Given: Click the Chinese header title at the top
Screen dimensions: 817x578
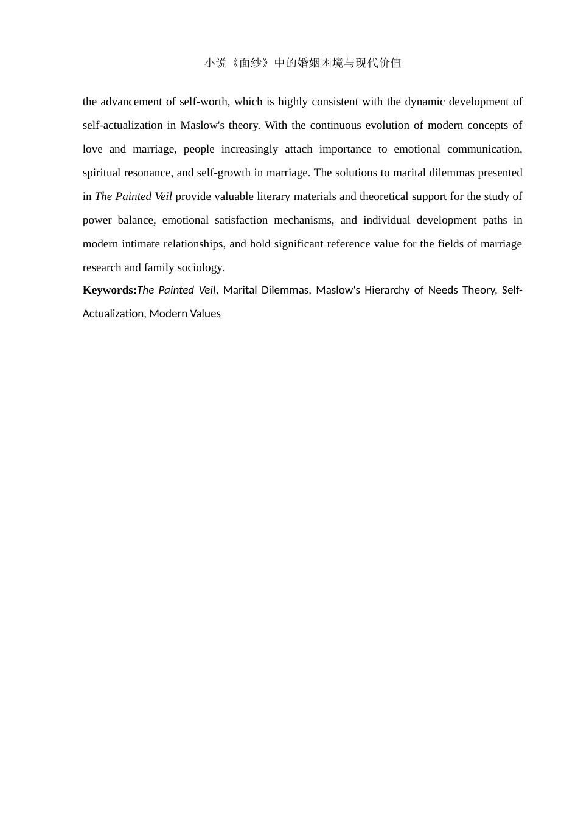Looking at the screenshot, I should [x=302, y=63].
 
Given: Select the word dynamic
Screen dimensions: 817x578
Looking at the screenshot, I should [x=425, y=102].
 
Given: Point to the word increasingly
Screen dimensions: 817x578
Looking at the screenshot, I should [x=249, y=149].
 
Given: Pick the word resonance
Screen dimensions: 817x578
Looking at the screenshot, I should [x=147, y=173].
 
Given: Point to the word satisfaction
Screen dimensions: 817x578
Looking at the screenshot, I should [x=241, y=220].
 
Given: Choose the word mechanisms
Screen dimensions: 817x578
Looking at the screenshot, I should [x=303, y=220].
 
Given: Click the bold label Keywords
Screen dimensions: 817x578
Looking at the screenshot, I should [x=110, y=290].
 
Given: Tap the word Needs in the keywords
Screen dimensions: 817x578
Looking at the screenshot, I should [x=443, y=290].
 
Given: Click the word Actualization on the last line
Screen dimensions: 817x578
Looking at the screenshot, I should [x=113, y=314].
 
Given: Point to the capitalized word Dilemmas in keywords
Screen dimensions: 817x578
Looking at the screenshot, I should [x=285, y=290].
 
